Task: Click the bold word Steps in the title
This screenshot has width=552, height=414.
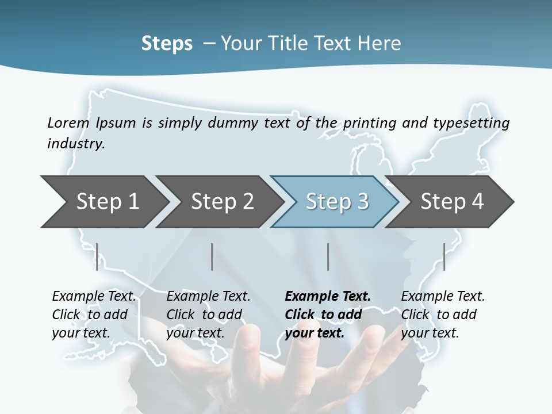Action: pyautogui.click(x=167, y=43)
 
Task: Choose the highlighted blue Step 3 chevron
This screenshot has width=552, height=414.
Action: pyautogui.click(x=337, y=202)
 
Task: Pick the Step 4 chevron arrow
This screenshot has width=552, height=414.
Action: pyautogui.click(x=452, y=202)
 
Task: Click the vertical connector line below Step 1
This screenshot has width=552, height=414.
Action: pyautogui.click(x=97, y=256)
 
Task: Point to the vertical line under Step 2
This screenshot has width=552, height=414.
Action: pyautogui.click(x=212, y=256)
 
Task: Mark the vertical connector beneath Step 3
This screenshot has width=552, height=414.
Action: pyautogui.click(x=328, y=256)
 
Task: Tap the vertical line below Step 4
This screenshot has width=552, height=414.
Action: pyautogui.click(x=444, y=256)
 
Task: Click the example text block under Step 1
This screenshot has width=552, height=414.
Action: pyautogui.click(x=94, y=315)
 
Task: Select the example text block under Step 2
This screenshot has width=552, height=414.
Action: pyautogui.click(x=208, y=315)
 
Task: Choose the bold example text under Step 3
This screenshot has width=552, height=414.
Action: pyautogui.click(x=328, y=315)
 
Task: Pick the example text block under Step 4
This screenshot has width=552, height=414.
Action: pyautogui.click(x=443, y=315)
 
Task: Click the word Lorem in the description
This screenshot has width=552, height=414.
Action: pyautogui.click(x=68, y=122)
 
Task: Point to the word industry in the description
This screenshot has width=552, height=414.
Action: pyautogui.click(x=76, y=144)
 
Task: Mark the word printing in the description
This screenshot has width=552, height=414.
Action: pyautogui.click(x=370, y=123)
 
